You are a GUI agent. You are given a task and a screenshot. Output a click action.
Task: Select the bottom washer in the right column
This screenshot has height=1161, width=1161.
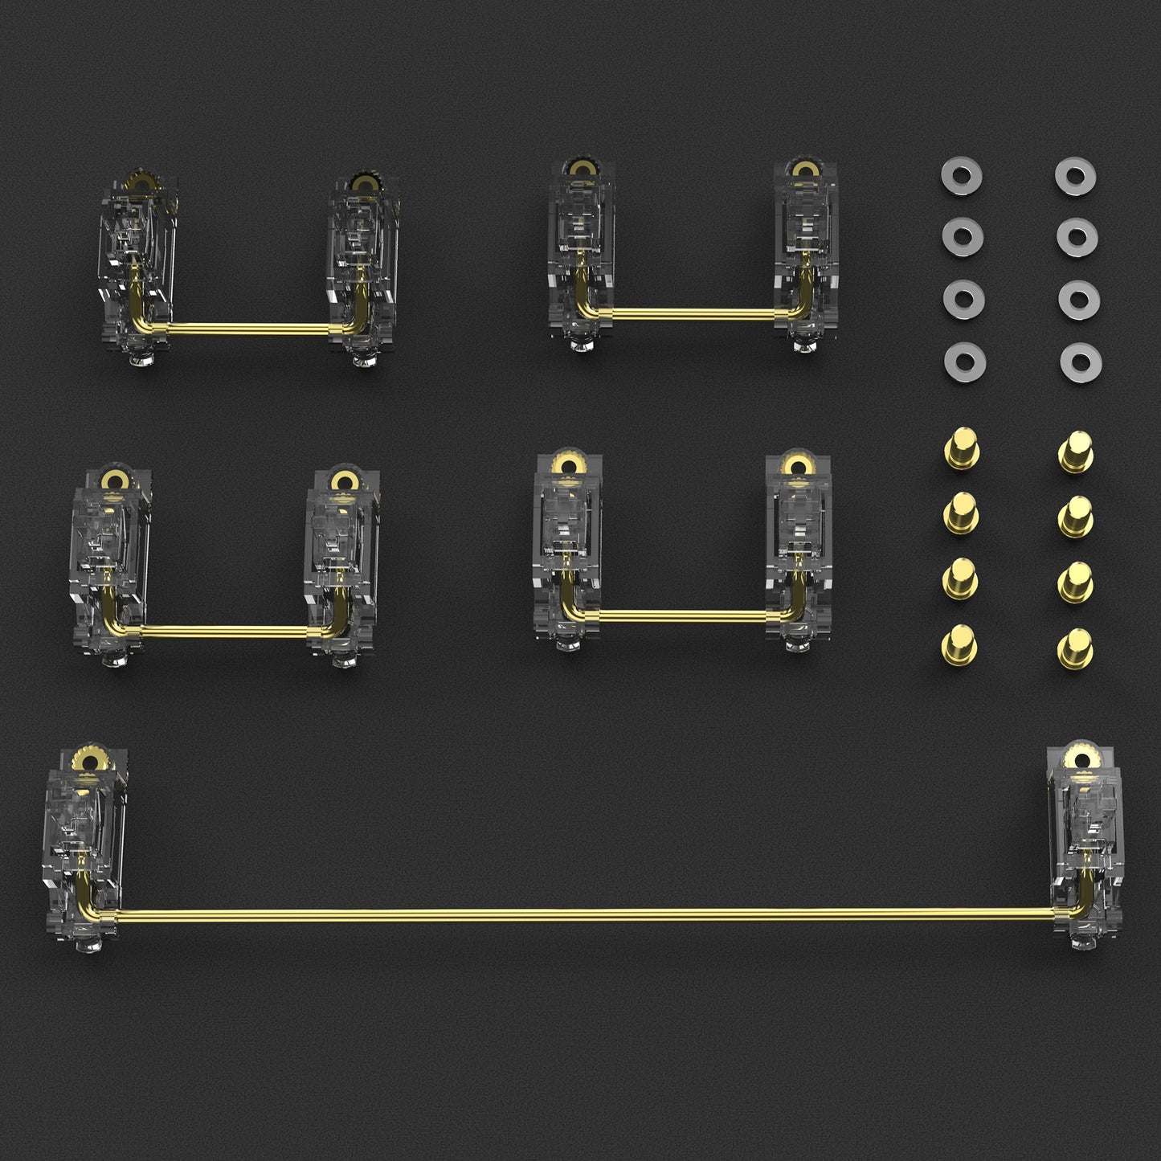coord(1079,363)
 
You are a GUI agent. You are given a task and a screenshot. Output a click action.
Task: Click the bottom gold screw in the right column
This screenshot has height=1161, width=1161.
coord(1075,648)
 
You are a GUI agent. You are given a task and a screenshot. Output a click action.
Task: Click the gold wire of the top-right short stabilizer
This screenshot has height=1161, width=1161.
coord(691,309)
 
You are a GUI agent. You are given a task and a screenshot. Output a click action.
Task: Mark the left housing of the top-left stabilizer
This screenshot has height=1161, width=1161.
coord(137,265)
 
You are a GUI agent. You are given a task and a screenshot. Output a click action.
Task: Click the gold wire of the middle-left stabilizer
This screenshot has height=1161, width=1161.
coord(225,631)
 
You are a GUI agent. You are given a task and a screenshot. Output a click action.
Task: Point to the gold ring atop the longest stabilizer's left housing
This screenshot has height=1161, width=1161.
coord(84,758)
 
